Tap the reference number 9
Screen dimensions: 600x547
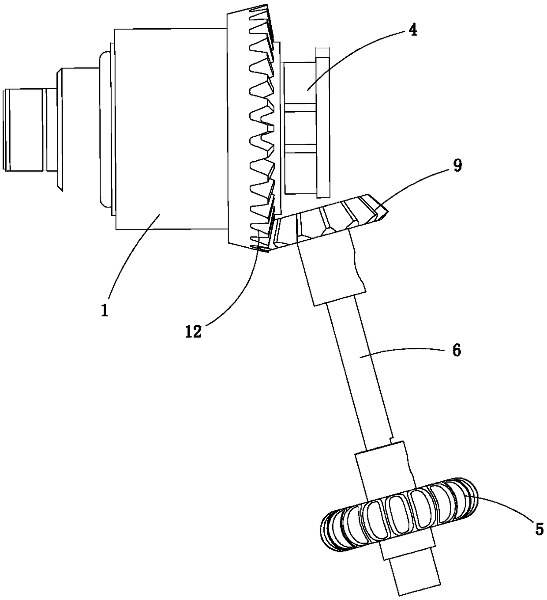tap(457, 166)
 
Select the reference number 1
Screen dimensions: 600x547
tap(105, 310)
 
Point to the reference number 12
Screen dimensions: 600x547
tap(193, 332)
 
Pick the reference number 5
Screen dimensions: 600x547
tap(539, 529)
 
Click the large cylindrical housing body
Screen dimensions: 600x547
tap(170, 128)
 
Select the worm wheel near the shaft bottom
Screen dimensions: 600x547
tap(399, 514)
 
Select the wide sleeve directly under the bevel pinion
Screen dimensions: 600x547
tap(333, 269)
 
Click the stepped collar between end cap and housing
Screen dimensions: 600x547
tap(79, 129)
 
